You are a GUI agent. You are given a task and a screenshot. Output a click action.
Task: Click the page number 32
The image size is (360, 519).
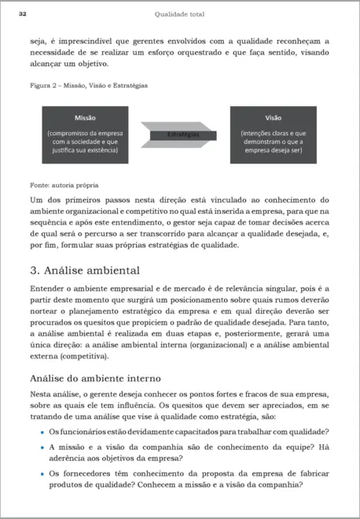[23, 13]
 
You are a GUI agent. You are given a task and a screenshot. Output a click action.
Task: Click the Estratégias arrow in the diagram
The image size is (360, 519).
[182, 134]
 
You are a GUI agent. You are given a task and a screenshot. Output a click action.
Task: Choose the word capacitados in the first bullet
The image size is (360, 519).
[181, 432]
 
